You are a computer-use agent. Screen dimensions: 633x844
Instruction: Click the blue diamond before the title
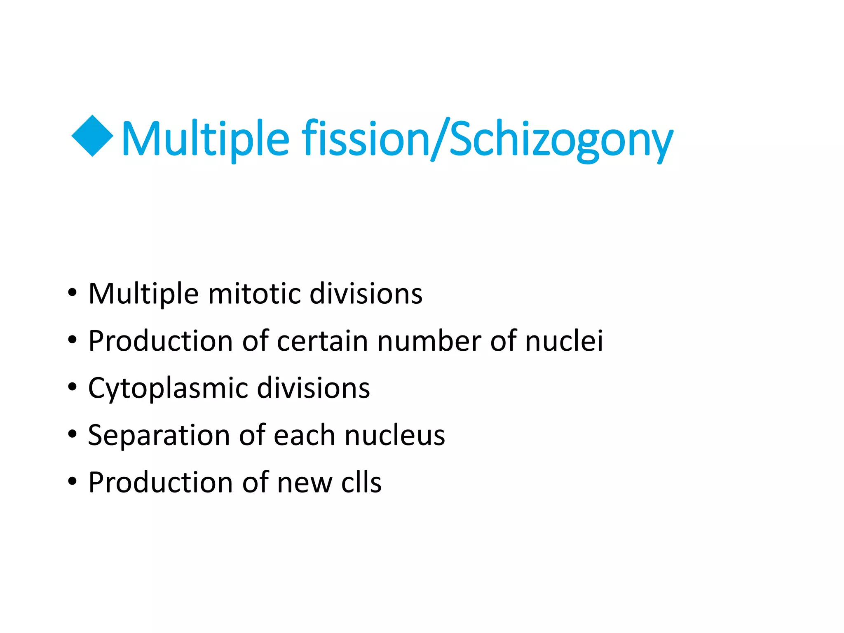[x=92, y=136]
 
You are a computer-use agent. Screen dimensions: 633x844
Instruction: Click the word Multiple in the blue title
[x=205, y=139]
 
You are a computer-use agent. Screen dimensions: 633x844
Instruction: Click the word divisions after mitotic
[x=366, y=294]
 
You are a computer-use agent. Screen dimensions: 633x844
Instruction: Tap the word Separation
[x=159, y=436]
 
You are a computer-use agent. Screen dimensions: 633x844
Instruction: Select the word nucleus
[x=395, y=436]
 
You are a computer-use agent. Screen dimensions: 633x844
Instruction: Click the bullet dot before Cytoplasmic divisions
[x=73, y=387]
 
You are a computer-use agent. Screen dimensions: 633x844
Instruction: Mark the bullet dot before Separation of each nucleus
[x=73, y=434]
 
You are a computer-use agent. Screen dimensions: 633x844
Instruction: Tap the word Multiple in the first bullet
[x=143, y=294]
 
